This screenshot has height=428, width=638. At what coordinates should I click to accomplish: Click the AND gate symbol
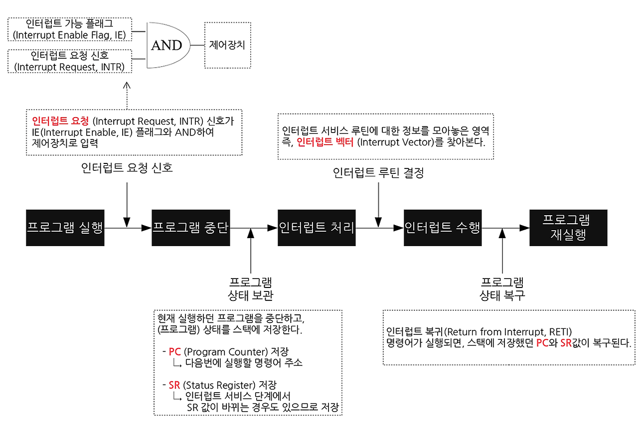(x=166, y=45)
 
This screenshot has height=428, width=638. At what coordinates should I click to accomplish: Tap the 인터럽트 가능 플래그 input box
(x=70, y=29)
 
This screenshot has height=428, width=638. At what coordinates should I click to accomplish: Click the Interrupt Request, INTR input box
(x=70, y=61)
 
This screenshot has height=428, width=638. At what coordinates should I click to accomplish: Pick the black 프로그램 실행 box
(x=65, y=228)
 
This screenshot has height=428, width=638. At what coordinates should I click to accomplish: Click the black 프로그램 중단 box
(x=191, y=228)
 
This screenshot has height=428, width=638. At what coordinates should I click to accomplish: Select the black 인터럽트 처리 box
(x=317, y=228)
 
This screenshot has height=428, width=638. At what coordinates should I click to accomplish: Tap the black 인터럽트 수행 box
(x=443, y=228)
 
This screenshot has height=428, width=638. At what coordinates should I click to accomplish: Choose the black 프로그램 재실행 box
(x=569, y=228)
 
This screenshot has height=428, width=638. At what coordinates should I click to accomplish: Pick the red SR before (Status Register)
(x=174, y=385)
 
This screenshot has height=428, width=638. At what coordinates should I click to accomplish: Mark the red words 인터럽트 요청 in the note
(x=60, y=121)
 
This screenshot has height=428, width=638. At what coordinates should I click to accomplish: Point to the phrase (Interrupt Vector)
(x=386, y=142)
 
